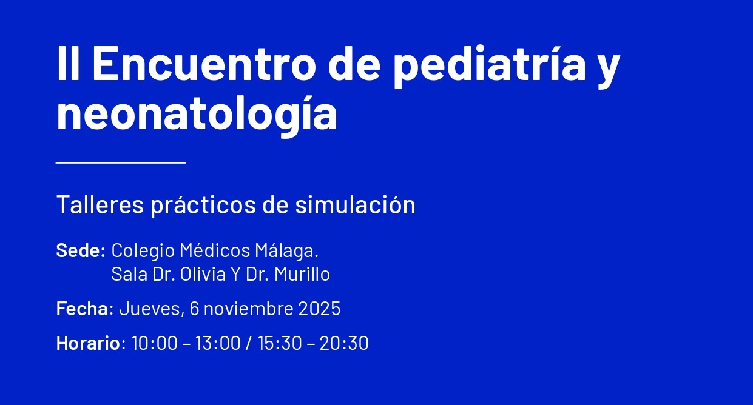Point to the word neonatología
[197, 114]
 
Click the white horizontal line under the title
[121, 162]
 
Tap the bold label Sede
[80, 250]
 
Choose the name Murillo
[302, 274]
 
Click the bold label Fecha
[82, 309]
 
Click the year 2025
[319, 309]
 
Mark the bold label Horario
[88, 343]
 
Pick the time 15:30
[280, 343]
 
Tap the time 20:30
[344, 343]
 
